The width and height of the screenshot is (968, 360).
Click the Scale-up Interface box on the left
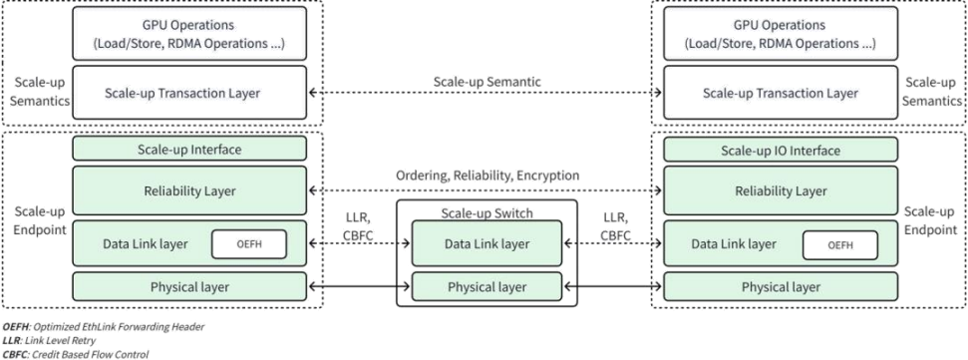tap(188, 150)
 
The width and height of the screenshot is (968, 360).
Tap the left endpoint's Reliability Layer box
tap(188, 190)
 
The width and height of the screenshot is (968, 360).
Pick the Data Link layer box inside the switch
tap(486, 243)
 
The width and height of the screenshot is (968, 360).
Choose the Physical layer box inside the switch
tap(486, 287)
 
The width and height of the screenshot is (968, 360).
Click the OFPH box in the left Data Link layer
tap(248, 243)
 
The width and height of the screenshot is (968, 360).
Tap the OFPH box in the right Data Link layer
tap(840, 243)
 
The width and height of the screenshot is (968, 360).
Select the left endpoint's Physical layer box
tap(188, 287)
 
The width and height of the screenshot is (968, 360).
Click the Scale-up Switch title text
tap(486, 212)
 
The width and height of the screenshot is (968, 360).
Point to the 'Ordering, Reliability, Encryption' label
tap(486, 175)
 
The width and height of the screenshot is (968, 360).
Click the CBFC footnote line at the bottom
tap(75, 353)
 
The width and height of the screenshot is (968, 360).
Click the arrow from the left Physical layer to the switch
tap(353, 287)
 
